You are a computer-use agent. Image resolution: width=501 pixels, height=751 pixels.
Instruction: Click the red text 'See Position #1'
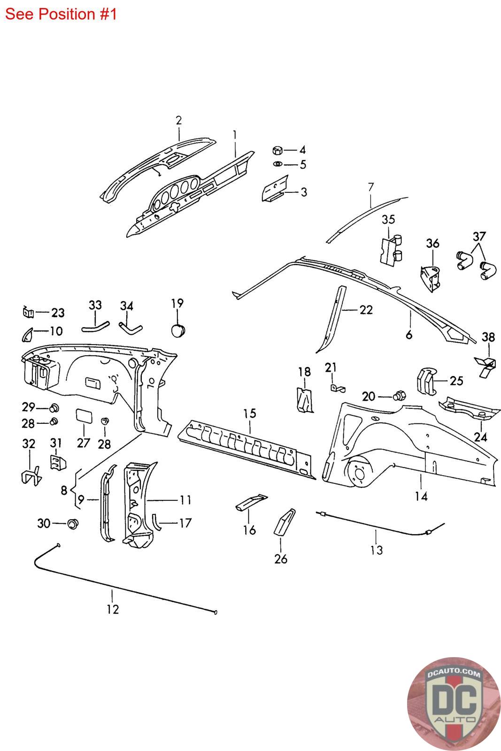pyautogui.click(x=61, y=14)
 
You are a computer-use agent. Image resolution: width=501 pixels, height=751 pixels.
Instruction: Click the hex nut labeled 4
pyautogui.click(x=277, y=150)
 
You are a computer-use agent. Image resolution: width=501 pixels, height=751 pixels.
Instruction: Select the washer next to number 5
pyautogui.click(x=277, y=164)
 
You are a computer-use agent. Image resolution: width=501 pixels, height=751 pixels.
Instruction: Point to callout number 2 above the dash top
pyautogui.click(x=179, y=121)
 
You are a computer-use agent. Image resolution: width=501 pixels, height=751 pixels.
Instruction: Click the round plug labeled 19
pyautogui.click(x=177, y=330)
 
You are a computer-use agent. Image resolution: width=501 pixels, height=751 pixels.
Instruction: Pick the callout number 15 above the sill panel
pyautogui.click(x=250, y=414)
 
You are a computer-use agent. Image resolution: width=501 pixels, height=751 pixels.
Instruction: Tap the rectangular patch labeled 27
pyautogui.click(x=84, y=416)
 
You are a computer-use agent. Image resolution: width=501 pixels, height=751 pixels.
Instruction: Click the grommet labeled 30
pyautogui.click(x=73, y=523)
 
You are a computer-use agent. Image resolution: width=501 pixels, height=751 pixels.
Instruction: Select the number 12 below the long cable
pyautogui.click(x=113, y=609)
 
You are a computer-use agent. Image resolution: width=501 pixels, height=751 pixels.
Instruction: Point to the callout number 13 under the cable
pyautogui.click(x=377, y=550)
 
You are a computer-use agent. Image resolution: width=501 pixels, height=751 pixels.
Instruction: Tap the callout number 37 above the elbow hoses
pyautogui.click(x=478, y=236)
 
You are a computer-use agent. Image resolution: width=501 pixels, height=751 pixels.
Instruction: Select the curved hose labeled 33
pyautogui.click(x=95, y=323)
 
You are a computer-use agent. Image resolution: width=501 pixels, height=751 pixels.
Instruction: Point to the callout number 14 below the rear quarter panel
pyautogui.click(x=421, y=496)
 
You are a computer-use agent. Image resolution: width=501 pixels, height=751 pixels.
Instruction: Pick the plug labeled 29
pyautogui.click(x=54, y=407)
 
